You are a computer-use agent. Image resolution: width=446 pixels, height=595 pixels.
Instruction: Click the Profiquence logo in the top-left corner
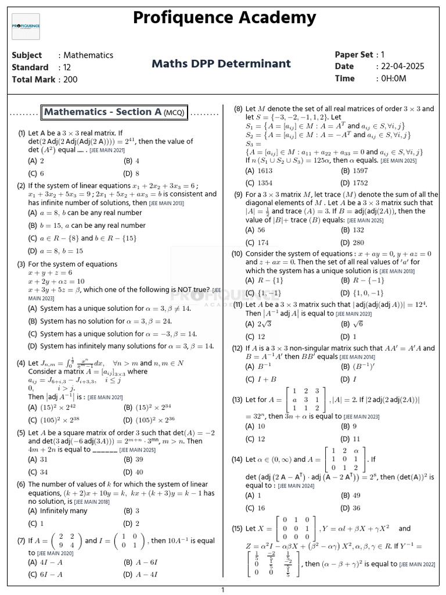coord(26,27)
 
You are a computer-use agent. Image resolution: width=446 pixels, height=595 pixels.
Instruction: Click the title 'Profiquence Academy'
coord(225,18)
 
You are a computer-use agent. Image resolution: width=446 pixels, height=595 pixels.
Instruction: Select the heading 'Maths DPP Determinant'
coord(221,63)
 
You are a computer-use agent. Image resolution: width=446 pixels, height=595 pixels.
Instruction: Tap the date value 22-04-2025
coord(402,66)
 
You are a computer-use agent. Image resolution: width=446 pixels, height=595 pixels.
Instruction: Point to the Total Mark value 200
coord(70,80)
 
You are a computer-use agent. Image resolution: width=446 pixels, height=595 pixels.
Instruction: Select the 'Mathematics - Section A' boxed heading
coord(114,112)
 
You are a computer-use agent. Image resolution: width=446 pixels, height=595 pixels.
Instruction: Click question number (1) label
coord(21,133)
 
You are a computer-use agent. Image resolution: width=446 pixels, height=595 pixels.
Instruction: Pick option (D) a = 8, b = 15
coord(56,251)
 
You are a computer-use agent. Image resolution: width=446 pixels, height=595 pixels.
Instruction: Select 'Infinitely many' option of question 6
coord(58,511)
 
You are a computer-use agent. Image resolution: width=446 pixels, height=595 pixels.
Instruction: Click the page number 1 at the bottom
coord(222,590)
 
